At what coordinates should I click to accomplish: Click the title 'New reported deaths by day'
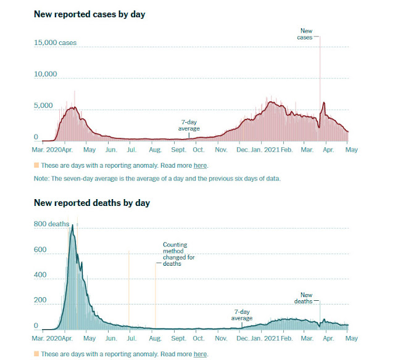(92, 203)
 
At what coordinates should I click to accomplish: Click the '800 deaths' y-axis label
(51, 224)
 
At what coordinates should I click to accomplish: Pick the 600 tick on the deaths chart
(40, 250)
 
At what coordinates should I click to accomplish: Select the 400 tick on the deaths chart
(40, 275)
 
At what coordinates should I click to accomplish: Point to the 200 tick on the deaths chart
(40, 300)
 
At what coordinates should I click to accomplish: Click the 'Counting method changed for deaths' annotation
(178, 255)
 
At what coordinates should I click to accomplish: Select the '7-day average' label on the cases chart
(189, 126)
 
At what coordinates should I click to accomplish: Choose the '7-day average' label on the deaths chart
(242, 316)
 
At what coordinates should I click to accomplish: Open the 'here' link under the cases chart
(200, 165)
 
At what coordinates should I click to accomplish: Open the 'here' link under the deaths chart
(200, 354)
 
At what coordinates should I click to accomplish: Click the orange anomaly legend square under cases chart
(36, 165)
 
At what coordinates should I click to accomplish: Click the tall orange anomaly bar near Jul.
(128, 290)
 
